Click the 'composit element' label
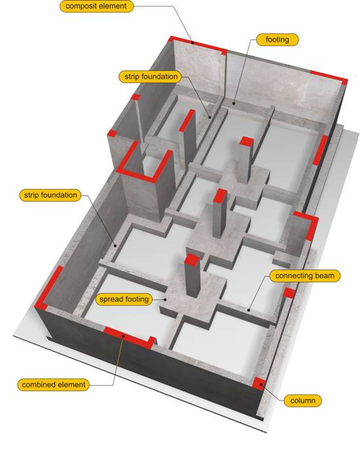point(96,6)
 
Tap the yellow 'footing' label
point(277,39)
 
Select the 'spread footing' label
point(124,299)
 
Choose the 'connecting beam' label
point(304,276)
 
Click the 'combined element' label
point(53,384)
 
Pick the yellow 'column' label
point(302,401)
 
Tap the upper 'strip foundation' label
point(151,77)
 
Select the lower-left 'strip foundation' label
point(50,195)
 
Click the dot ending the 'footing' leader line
point(234,103)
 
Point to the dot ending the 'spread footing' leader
point(165,299)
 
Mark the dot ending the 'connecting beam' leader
point(249,310)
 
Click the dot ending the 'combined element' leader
point(123,335)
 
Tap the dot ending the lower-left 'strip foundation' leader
point(115,246)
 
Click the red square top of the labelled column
point(259,383)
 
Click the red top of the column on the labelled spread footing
point(191,259)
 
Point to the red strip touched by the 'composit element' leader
point(198,45)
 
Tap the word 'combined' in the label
point(36,384)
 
